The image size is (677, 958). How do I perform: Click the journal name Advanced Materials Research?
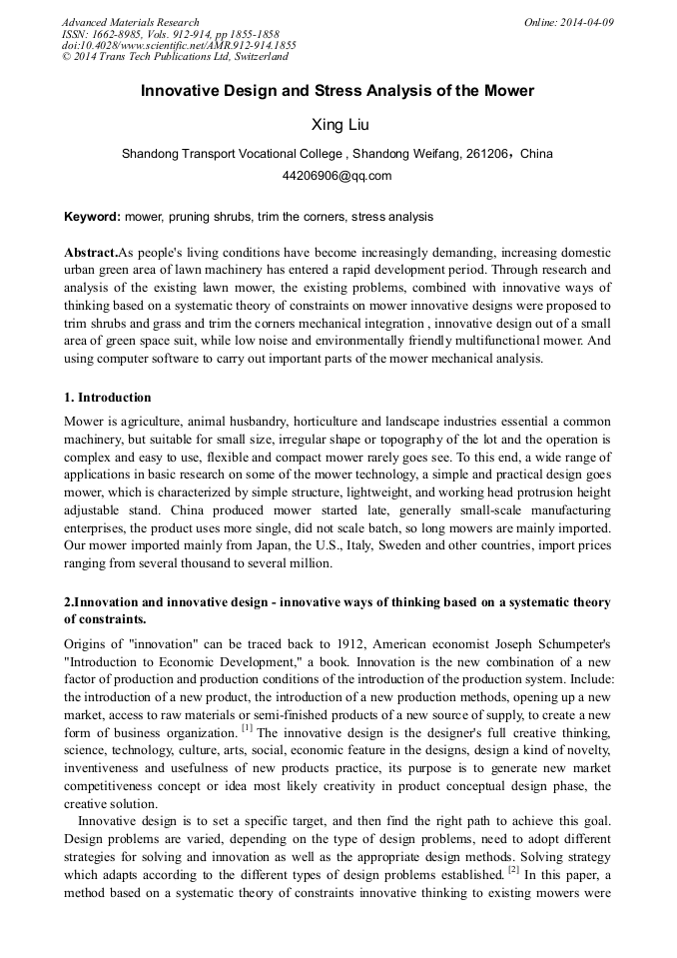(x=130, y=22)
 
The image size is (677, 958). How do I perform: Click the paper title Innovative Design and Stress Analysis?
(x=338, y=91)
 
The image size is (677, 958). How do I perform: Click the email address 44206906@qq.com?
(x=338, y=176)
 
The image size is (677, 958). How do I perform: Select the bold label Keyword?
(x=93, y=216)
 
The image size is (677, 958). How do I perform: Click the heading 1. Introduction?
(x=108, y=398)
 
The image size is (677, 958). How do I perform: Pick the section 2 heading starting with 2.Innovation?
(x=338, y=602)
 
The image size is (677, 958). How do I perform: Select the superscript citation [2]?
(x=513, y=869)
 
